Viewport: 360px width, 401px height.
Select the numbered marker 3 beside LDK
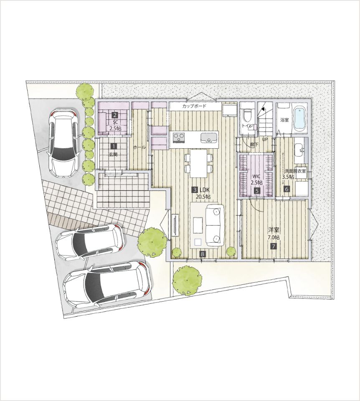click(195, 190)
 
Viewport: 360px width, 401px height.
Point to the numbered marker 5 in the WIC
click(256, 190)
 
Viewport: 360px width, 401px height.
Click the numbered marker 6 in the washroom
click(286, 189)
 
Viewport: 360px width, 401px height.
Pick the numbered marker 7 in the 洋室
click(273, 246)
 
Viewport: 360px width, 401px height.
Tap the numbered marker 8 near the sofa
click(203, 254)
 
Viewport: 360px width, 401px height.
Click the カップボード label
click(194, 106)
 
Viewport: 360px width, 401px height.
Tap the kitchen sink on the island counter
click(209, 138)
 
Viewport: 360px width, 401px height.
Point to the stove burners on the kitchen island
click(178, 138)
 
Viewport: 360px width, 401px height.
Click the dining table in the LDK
click(198, 163)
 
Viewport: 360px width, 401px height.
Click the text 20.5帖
click(203, 197)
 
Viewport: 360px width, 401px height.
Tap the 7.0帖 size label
click(274, 238)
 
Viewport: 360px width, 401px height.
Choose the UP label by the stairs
click(265, 140)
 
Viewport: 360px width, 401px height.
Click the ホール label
click(139, 147)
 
